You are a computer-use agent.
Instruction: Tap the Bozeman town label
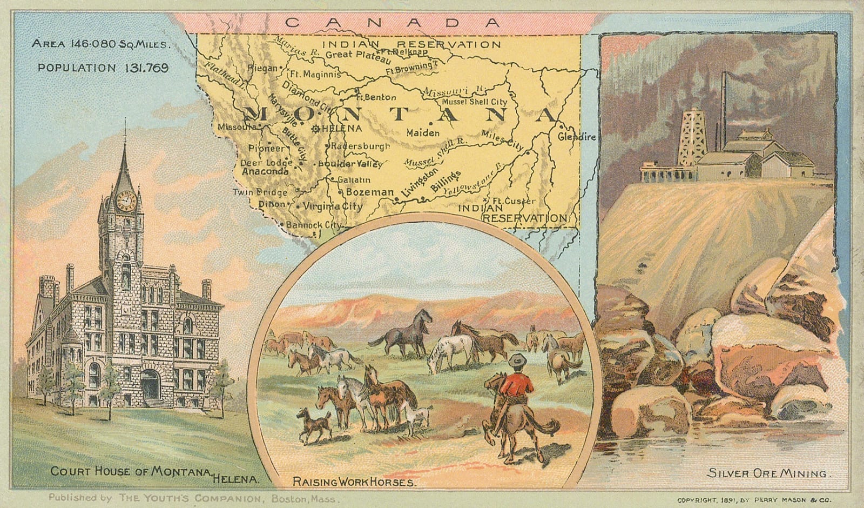(370, 192)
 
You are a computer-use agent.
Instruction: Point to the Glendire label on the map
(577, 137)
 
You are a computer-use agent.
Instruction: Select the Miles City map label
(502, 139)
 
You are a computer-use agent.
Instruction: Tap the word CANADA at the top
(393, 22)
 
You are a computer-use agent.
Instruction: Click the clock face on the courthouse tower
(126, 201)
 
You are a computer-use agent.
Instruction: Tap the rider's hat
(519, 359)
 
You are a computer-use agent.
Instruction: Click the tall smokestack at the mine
(726, 111)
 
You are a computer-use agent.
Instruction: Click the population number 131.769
(145, 68)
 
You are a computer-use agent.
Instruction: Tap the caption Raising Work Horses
(354, 481)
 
